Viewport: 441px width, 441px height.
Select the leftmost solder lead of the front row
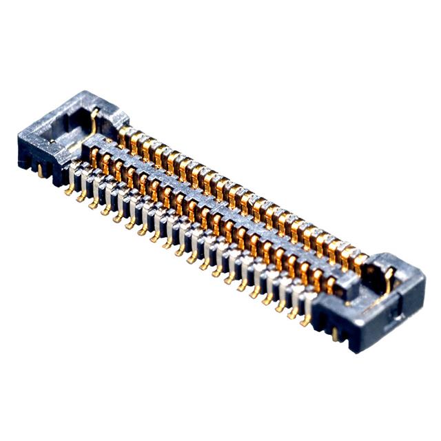70,187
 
